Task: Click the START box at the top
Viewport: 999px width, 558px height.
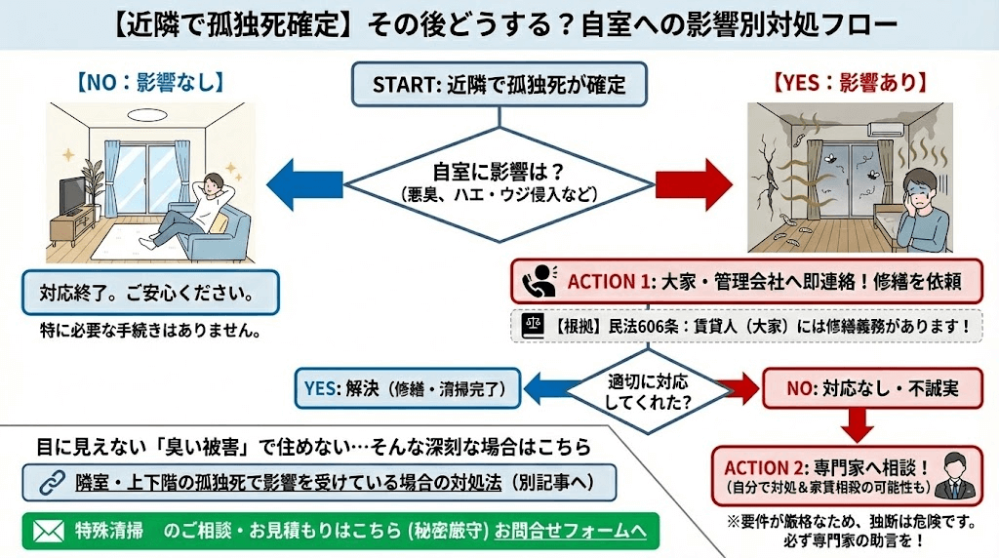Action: pos(499,85)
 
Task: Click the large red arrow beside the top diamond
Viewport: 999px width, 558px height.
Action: pos(693,181)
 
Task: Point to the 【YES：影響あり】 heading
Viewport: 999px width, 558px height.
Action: pos(850,82)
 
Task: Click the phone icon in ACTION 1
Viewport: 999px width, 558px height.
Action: pos(538,282)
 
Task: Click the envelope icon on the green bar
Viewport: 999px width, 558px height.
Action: pos(48,531)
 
